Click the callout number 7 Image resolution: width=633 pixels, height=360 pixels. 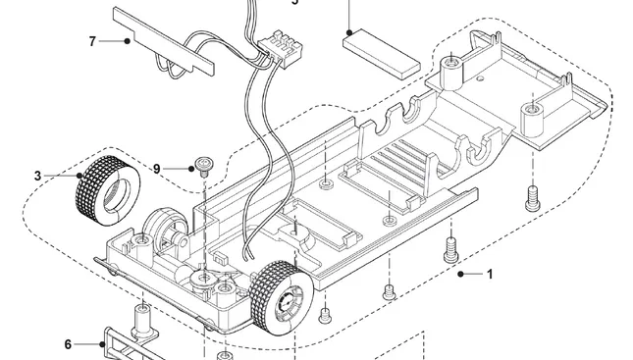[x=92, y=41]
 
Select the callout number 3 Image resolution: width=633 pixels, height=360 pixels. [x=37, y=176]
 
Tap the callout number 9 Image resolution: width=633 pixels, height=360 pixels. [x=156, y=169]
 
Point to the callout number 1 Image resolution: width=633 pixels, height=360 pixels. [x=490, y=275]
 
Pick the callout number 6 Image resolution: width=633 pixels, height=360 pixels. [x=68, y=344]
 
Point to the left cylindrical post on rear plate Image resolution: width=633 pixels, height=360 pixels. [x=451, y=69]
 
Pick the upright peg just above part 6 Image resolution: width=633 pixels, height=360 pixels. [x=140, y=319]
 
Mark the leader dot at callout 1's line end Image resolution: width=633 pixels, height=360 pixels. [x=459, y=275]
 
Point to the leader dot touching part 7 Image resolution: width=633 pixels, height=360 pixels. [x=129, y=41]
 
